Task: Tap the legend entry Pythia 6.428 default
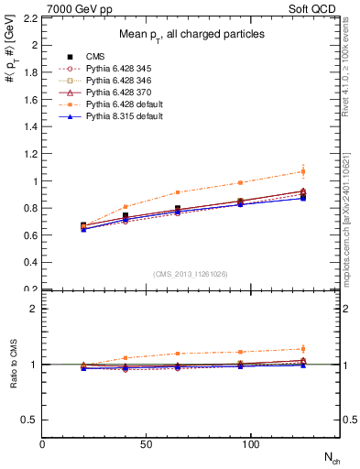116,104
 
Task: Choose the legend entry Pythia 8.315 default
116,116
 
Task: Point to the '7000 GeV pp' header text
72,7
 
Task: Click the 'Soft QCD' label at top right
316,7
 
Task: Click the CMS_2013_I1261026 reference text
191,274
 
